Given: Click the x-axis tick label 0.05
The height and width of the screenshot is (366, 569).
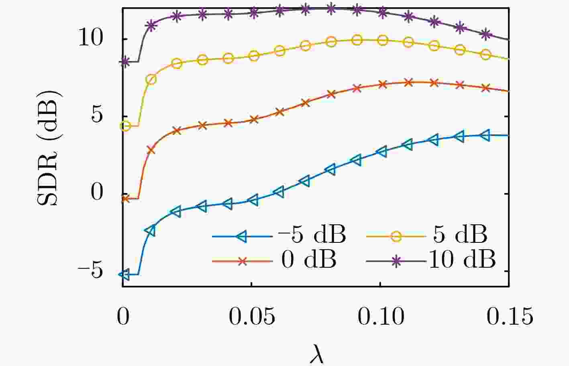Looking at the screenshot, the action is (x=252, y=317).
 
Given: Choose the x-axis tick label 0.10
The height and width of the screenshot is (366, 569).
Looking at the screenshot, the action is (x=381, y=317).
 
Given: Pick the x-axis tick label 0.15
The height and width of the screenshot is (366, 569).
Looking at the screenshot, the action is (x=510, y=317).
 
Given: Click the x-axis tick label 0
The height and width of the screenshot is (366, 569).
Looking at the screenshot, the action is (x=123, y=317).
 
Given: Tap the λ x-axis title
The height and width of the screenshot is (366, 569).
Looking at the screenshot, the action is (x=317, y=355).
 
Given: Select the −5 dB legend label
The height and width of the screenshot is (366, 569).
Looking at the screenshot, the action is (x=312, y=235).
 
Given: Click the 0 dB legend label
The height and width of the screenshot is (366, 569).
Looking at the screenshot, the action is (x=309, y=260).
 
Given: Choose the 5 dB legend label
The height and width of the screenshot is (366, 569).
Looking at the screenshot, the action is (x=460, y=235).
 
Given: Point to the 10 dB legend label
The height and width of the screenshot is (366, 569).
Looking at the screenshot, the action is (x=462, y=260).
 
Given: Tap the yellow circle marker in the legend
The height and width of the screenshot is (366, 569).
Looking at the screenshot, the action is (x=396, y=236).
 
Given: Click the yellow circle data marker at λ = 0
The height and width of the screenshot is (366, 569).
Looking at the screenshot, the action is (x=125, y=126).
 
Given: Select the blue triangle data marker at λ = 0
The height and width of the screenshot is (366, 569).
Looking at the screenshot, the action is (x=125, y=274).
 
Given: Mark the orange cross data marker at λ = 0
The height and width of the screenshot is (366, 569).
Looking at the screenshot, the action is (x=125, y=199).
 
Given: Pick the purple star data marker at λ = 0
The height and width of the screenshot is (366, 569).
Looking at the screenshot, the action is (x=125, y=62).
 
